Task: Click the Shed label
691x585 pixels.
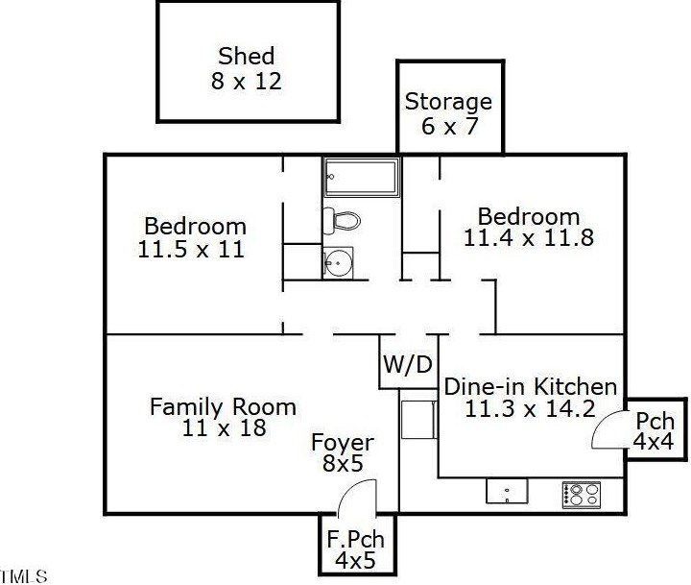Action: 247,56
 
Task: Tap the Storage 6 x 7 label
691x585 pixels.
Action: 448,113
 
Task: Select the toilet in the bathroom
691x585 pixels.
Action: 342,220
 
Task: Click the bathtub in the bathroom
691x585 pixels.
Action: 362,177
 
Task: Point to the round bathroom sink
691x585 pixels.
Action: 338,263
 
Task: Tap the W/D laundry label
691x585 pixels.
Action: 408,364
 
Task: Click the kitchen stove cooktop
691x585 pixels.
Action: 582,494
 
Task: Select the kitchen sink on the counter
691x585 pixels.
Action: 507,491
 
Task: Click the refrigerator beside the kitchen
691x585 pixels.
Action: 418,419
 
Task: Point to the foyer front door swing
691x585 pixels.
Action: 357,498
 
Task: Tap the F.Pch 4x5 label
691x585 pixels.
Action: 355,549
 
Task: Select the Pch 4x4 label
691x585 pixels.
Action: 655,431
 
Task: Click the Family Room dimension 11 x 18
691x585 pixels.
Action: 224,427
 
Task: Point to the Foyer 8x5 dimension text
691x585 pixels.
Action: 343,463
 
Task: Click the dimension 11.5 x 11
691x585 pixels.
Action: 191,249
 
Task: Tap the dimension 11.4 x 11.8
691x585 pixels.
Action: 529,238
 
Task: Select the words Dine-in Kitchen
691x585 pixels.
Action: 530,387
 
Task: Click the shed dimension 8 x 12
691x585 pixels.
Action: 246,82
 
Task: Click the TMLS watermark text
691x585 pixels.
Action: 23,576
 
